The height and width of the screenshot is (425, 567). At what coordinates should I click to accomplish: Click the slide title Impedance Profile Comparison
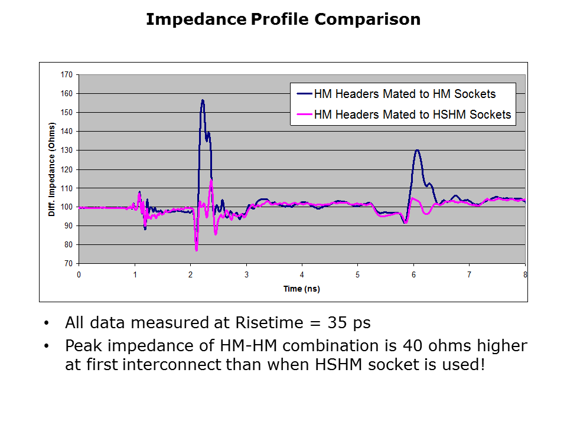click(x=283, y=19)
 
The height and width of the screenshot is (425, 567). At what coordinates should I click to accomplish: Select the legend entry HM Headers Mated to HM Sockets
click(x=405, y=94)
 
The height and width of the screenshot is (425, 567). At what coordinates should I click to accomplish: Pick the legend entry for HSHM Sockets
click(x=405, y=115)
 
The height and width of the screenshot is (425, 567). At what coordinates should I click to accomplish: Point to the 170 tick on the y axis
click(x=66, y=75)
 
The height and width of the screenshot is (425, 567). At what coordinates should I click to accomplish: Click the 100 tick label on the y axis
click(x=66, y=207)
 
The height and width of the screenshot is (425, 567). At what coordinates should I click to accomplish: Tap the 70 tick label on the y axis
click(x=69, y=264)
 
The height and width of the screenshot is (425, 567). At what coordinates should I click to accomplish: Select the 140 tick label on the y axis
click(x=66, y=132)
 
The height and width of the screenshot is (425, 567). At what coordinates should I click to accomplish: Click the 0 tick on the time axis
click(x=79, y=274)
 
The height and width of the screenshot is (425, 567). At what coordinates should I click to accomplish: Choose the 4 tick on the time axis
click(x=302, y=274)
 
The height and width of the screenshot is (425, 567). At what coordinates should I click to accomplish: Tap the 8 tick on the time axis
click(x=524, y=274)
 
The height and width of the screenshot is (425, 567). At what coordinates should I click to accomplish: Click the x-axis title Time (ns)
click(x=302, y=289)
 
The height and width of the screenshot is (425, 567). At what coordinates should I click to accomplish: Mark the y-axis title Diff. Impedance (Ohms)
click(x=51, y=169)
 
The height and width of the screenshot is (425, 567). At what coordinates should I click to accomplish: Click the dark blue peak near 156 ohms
click(x=203, y=100)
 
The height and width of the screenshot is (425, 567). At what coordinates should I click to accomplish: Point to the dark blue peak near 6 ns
click(x=417, y=150)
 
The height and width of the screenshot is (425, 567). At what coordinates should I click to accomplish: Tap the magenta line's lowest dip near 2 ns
click(x=196, y=250)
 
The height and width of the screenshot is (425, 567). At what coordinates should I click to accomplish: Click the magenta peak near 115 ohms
click(x=211, y=179)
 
